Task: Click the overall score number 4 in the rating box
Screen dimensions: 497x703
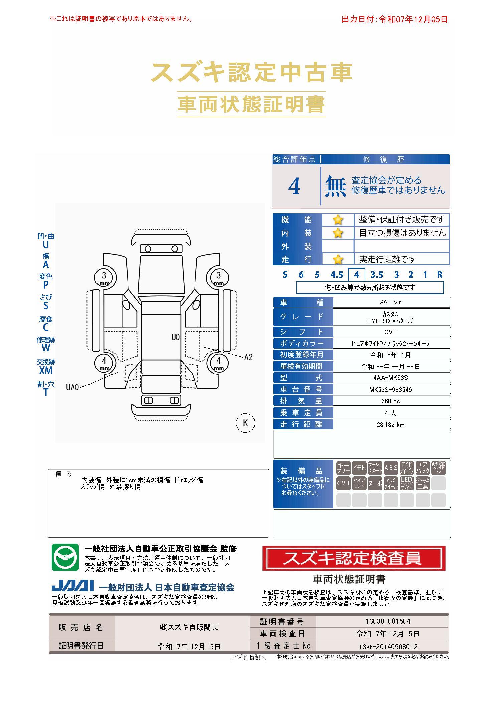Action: pos(294,186)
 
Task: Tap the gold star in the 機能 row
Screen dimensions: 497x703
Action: pos(338,220)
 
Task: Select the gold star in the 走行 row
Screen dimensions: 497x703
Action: pos(338,259)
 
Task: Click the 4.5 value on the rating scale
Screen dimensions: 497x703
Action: pos(337,275)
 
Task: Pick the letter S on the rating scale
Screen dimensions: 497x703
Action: pos(285,275)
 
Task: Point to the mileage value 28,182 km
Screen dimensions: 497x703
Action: pos(390,425)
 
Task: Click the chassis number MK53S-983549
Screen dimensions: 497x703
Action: pos(390,390)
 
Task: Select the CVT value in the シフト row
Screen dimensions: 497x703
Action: pos(390,332)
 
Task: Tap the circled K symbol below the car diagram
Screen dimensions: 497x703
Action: pos(245,423)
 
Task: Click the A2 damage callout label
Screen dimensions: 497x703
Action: pos(248,357)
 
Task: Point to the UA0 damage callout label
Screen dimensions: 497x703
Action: pos(72,387)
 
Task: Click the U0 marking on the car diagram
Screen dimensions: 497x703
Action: pos(175,337)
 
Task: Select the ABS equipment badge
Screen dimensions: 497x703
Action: pos(391,468)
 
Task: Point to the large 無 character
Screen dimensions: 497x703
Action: pos(335,186)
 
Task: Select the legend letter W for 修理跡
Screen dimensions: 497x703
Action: pos(46,348)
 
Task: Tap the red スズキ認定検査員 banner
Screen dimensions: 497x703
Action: pos(354,558)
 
